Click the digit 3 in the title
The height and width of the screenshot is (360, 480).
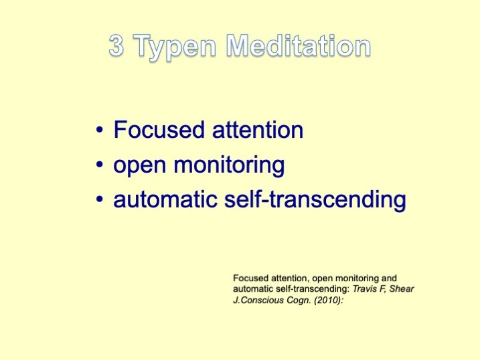[x=116, y=46]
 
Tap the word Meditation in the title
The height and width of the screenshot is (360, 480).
[x=299, y=46]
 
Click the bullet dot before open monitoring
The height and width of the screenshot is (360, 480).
[x=99, y=165]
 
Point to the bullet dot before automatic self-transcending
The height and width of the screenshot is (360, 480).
[x=99, y=199]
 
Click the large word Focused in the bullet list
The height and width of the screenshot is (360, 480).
[x=159, y=129]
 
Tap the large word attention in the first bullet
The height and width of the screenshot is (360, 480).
[x=258, y=130]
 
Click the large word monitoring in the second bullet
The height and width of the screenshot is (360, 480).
[x=229, y=165]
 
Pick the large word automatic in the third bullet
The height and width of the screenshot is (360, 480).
[x=165, y=199]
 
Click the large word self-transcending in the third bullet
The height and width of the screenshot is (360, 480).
[x=315, y=199]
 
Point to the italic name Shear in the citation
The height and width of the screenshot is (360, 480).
[x=402, y=288]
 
